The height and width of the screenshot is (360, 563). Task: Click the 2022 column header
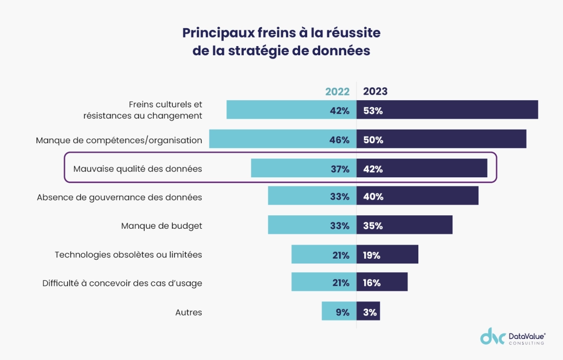(337, 92)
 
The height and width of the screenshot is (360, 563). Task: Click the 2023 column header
(376, 92)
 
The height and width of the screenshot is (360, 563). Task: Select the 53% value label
(373, 111)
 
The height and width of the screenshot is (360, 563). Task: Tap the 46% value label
(339, 140)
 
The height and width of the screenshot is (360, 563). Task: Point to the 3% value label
(370, 312)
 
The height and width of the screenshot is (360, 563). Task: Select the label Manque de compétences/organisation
(119, 140)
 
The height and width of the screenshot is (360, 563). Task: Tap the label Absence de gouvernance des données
(119, 197)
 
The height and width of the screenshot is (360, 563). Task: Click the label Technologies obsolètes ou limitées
(128, 254)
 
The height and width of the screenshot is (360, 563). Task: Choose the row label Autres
(189, 312)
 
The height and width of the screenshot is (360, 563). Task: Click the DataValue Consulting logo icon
(493, 336)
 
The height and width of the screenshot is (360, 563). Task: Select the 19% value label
(372, 255)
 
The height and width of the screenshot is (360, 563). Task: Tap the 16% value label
(372, 283)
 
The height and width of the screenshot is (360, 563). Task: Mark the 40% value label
(373, 197)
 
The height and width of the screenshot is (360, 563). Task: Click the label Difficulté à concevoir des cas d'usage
(122, 283)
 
